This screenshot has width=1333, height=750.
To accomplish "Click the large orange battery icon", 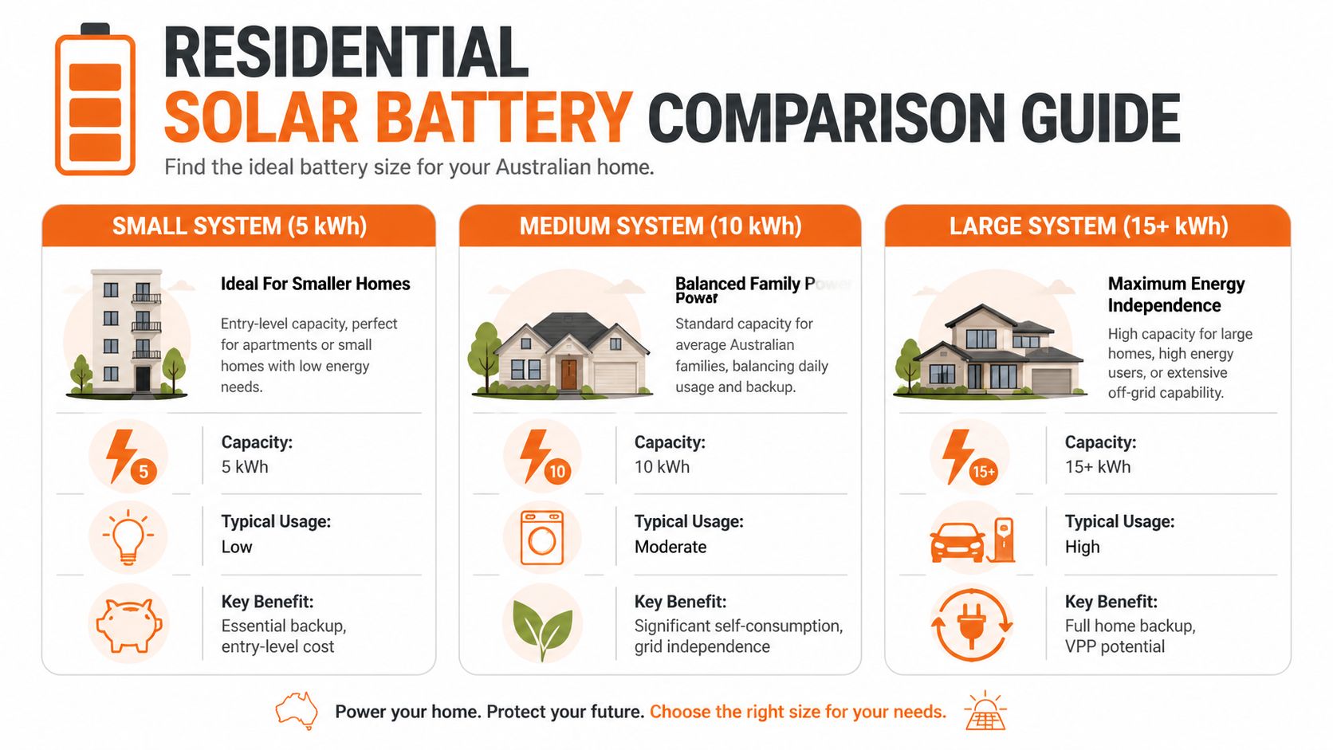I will (x=95, y=100).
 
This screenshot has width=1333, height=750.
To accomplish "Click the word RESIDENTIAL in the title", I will (x=345, y=53).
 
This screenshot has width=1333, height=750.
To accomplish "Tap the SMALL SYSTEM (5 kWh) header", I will (x=239, y=226).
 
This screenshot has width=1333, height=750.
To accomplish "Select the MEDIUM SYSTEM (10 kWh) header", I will (x=660, y=226).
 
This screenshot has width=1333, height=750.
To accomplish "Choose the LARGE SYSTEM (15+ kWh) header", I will (x=1087, y=226).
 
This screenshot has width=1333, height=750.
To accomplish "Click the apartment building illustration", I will (x=128, y=333).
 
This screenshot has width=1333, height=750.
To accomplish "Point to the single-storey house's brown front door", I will (x=568, y=374).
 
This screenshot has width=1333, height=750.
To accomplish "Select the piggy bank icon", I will (x=128, y=624).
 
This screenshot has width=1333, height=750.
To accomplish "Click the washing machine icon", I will (x=542, y=538).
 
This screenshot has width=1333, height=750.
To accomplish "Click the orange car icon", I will (x=957, y=542).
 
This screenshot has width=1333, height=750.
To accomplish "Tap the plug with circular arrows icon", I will (x=971, y=624).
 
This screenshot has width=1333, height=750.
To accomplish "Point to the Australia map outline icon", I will (x=296, y=710).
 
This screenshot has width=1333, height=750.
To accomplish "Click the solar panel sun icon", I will (x=985, y=711).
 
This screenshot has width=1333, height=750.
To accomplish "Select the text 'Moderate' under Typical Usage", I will (x=670, y=547).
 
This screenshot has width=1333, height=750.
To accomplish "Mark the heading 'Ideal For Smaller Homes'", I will (x=315, y=284).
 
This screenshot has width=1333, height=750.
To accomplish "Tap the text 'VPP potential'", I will (x=1115, y=646).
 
